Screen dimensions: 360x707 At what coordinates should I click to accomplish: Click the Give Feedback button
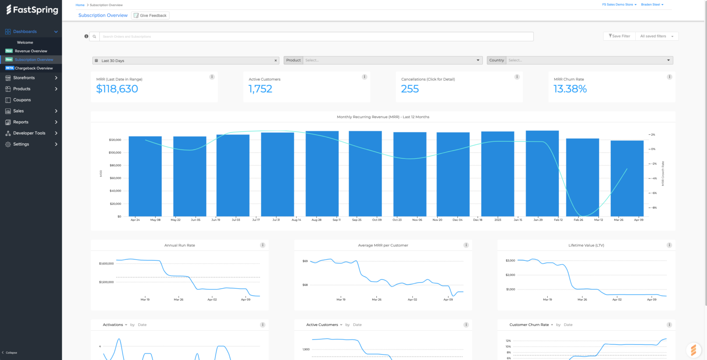150,15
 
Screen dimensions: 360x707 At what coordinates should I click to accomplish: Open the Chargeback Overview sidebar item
34,68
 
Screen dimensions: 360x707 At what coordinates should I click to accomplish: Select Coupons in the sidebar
22,100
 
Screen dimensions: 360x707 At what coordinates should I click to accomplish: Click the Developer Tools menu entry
29,133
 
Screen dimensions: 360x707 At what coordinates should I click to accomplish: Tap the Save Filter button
619,36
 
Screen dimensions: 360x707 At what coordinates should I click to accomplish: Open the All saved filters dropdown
657,36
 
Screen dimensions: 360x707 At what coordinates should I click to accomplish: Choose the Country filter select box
589,61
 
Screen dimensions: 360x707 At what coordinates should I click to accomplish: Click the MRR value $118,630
117,89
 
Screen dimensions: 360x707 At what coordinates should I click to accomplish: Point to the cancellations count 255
410,89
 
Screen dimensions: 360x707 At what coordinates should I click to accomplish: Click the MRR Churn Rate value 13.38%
570,89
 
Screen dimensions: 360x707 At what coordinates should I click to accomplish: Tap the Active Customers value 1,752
260,89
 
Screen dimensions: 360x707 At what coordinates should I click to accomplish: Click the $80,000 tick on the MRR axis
115,165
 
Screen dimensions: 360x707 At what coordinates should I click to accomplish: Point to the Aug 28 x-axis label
317,220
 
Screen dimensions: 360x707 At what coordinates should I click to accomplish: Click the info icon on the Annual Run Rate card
262,245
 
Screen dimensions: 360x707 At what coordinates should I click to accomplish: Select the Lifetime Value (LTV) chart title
586,245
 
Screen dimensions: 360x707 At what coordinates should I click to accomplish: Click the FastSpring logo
32,10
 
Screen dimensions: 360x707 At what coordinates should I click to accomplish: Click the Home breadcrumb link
80,5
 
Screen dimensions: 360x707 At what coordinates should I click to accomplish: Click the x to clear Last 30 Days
275,61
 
